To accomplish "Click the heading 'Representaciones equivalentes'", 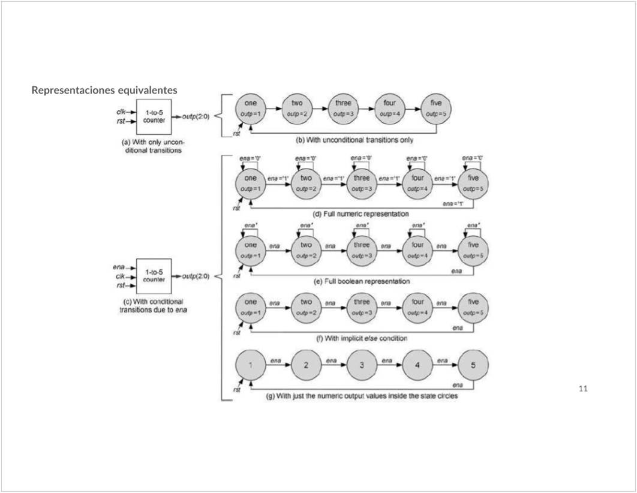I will click(x=104, y=91).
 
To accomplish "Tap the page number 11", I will click(x=583, y=389).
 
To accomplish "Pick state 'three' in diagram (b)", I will click(x=343, y=108).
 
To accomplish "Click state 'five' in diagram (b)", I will click(x=436, y=108).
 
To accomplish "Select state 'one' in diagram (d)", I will click(x=251, y=183).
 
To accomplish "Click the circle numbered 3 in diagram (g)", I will click(x=362, y=365).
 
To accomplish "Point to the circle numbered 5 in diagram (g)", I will click(x=473, y=365).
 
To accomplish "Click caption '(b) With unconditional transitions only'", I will click(x=354, y=140).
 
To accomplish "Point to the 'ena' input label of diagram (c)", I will click(x=118, y=267).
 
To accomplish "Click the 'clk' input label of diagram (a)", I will click(x=121, y=112).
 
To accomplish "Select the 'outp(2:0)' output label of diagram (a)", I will click(x=196, y=116).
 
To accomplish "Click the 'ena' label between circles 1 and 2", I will click(x=276, y=360).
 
